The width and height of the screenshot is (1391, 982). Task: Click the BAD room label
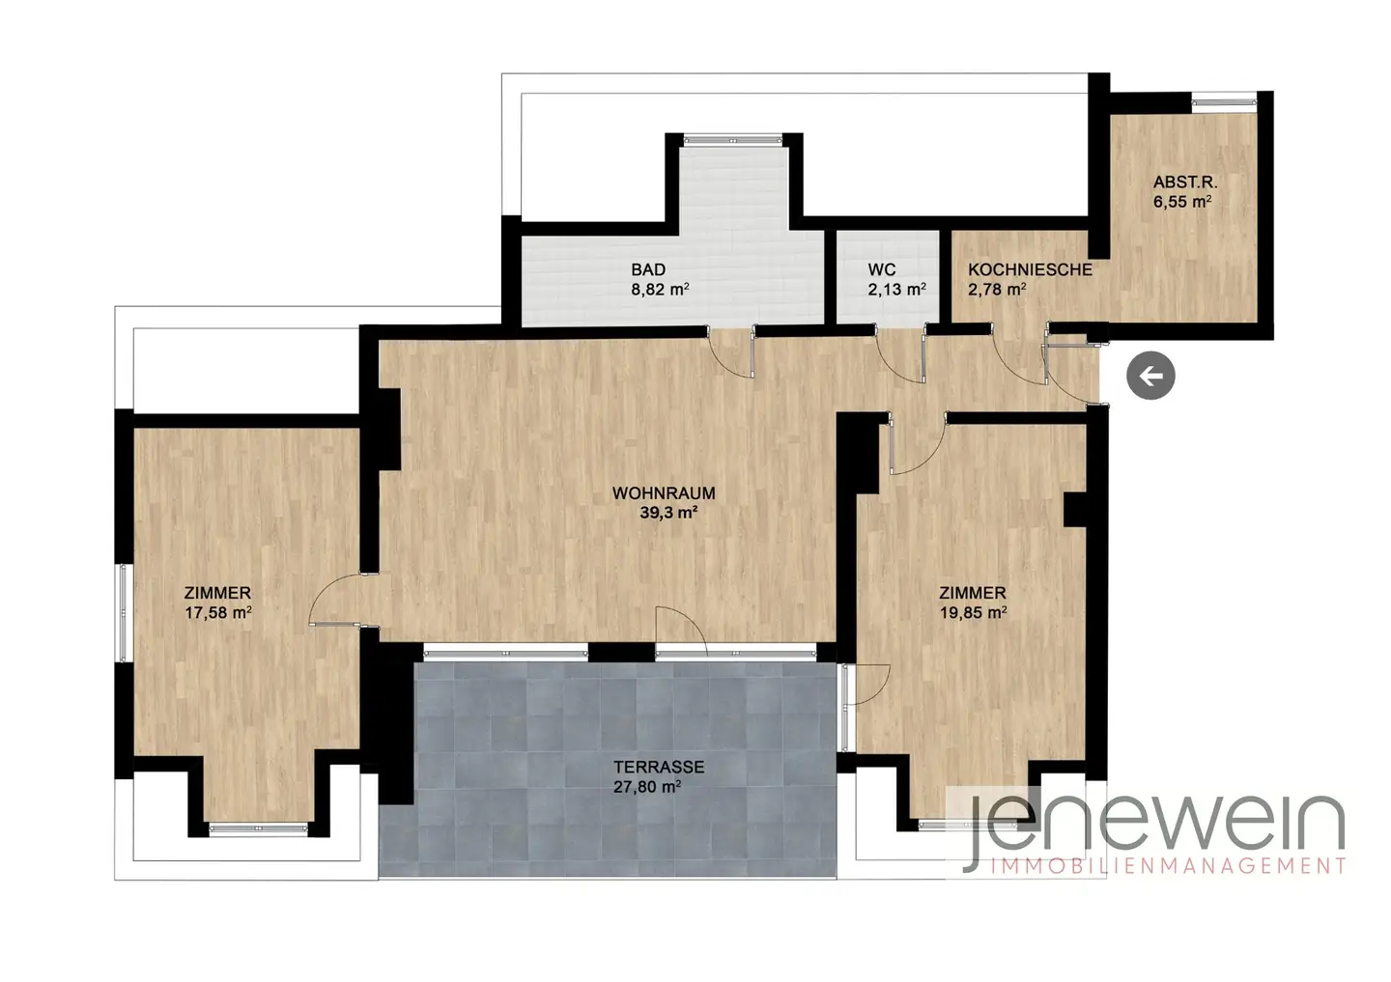click(x=648, y=269)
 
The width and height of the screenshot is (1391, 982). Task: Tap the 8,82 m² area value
click(x=660, y=290)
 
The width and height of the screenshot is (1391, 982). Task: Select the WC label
click(x=882, y=269)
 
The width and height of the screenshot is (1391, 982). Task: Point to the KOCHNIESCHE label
click(x=1030, y=269)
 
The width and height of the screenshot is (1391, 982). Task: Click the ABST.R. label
click(x=1185, y=182)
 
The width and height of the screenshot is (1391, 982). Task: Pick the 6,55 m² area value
click(x=1182, y=202)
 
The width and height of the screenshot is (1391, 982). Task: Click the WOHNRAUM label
click(x=664, y=492)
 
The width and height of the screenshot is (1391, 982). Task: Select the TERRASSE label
click(x=659, y=767)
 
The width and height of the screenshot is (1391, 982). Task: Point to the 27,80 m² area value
click(x=647, y=786)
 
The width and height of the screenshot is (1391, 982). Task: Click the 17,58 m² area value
click(x=218, y=612)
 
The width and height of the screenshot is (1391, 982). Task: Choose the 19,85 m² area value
click(x=973, y=612)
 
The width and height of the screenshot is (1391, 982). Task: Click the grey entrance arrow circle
click(x=1150, y=376)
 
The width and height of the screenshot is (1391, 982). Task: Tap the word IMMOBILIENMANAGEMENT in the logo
click(x=1168, y=865)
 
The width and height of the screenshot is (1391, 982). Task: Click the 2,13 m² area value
click(x=896, y=290)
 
